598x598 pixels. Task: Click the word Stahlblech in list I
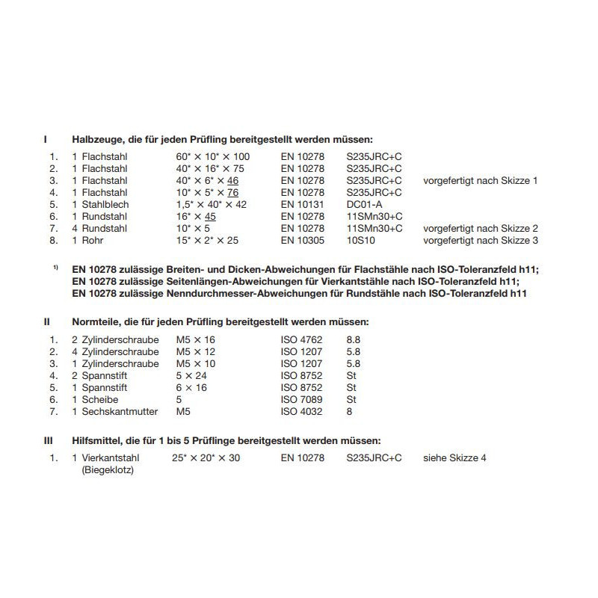tap(105, 204)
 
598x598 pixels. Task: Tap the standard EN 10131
tap(302, 204)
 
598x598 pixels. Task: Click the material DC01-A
tap(363, 204)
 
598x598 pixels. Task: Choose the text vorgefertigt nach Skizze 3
tap(480, 240)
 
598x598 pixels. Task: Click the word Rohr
tap(92, 240)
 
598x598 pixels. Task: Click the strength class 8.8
tap(353, 340)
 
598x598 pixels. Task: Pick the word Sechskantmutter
tap(119, 412)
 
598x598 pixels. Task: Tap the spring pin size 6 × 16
tap(191, 388)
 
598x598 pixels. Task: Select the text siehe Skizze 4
tap(454, 457)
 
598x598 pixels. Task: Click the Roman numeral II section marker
tap(46, 321)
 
